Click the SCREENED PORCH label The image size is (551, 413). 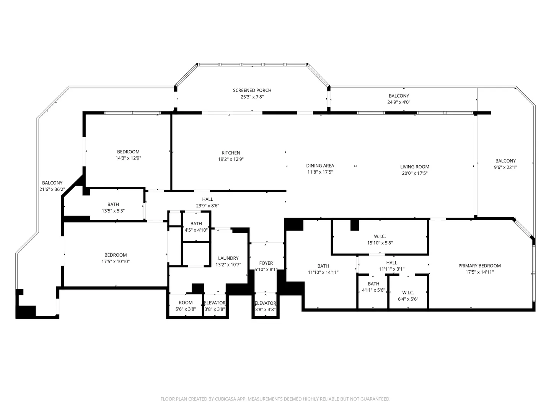[252, 90]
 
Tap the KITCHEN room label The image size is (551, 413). [231, 153]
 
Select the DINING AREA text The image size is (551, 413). [320, 166]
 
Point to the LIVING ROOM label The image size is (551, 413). [415, 167]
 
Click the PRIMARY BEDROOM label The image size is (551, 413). [479, 265]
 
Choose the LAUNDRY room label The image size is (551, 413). [228, 258]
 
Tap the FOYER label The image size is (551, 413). [266, 263]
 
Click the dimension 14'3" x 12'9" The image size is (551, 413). [128, 158]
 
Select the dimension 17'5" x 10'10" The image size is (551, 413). [116, 261]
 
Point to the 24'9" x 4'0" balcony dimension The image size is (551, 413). [399, 102]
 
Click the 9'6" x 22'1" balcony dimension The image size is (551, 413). [505, 167]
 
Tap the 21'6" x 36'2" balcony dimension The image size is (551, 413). [52, 189]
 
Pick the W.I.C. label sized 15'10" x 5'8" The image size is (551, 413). [380, 236]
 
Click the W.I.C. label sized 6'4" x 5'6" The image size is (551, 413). [408, 293]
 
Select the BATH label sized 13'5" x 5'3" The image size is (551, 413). [113, 204]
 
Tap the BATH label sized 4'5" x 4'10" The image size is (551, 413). [196, 224]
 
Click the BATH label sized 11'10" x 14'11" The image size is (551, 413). [323, 266]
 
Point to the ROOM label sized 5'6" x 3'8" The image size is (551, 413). [186, 302]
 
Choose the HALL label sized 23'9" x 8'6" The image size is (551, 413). [208, 199]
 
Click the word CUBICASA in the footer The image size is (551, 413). [225, 399]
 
